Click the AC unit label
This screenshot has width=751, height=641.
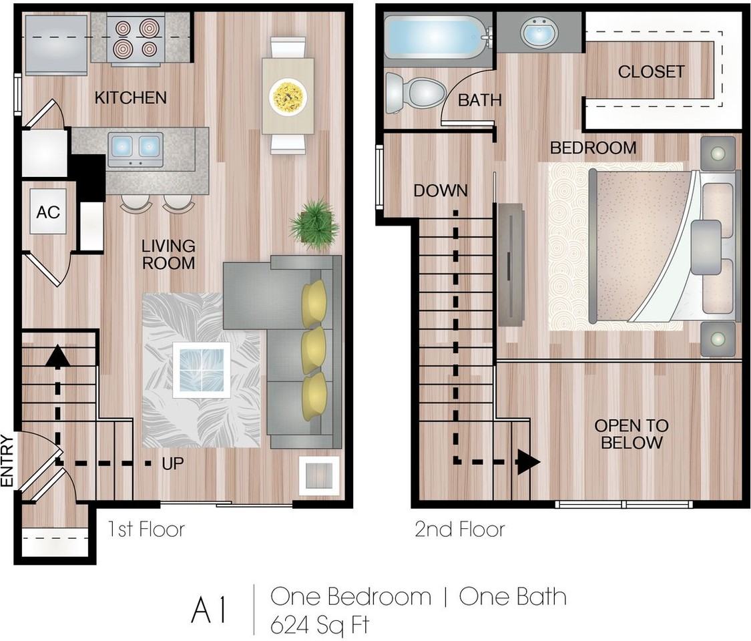coord(48,212)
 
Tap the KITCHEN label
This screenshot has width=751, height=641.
coord(130,97)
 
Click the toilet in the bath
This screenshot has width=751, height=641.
coord(416,92)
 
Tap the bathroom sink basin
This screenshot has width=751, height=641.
coord(539,32)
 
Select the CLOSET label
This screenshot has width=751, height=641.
coord(651,71)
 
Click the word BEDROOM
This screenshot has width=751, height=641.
coord(593,148)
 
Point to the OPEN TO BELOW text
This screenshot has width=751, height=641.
coord(632,434)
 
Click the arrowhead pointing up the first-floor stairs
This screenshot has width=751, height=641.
coord(57,355)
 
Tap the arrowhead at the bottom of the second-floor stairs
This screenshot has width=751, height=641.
coord(528,462)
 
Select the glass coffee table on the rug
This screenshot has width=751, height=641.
coord(201,370)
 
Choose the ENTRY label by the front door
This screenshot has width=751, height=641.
coord(7,461)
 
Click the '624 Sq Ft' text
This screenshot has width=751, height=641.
coord(320,625)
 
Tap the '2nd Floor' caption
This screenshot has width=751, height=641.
coord(459,529)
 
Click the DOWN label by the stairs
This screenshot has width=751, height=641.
coord(440,191)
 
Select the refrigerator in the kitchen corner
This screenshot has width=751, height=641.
coord(56,45)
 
